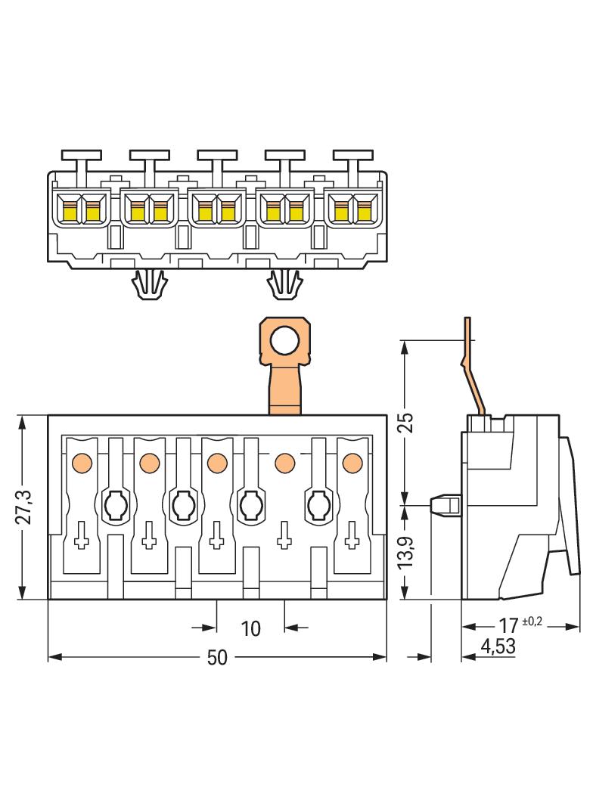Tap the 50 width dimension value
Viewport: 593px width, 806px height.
point(217,659)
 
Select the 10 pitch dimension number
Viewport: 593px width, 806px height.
point(250,628)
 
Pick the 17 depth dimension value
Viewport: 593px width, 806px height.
point(509,627)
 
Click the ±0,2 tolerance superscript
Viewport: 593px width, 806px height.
point(532,622)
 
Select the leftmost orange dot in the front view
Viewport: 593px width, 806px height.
point(81,461)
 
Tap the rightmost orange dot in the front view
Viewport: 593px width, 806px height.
point(352,461)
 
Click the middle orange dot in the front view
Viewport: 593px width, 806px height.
point(217,461)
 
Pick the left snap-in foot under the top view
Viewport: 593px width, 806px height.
point(148,284)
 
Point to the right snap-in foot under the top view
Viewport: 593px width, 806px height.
point(284,284)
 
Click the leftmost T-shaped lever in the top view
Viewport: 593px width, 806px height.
point(82,160)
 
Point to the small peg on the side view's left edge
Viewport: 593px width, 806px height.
point(445,504)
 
